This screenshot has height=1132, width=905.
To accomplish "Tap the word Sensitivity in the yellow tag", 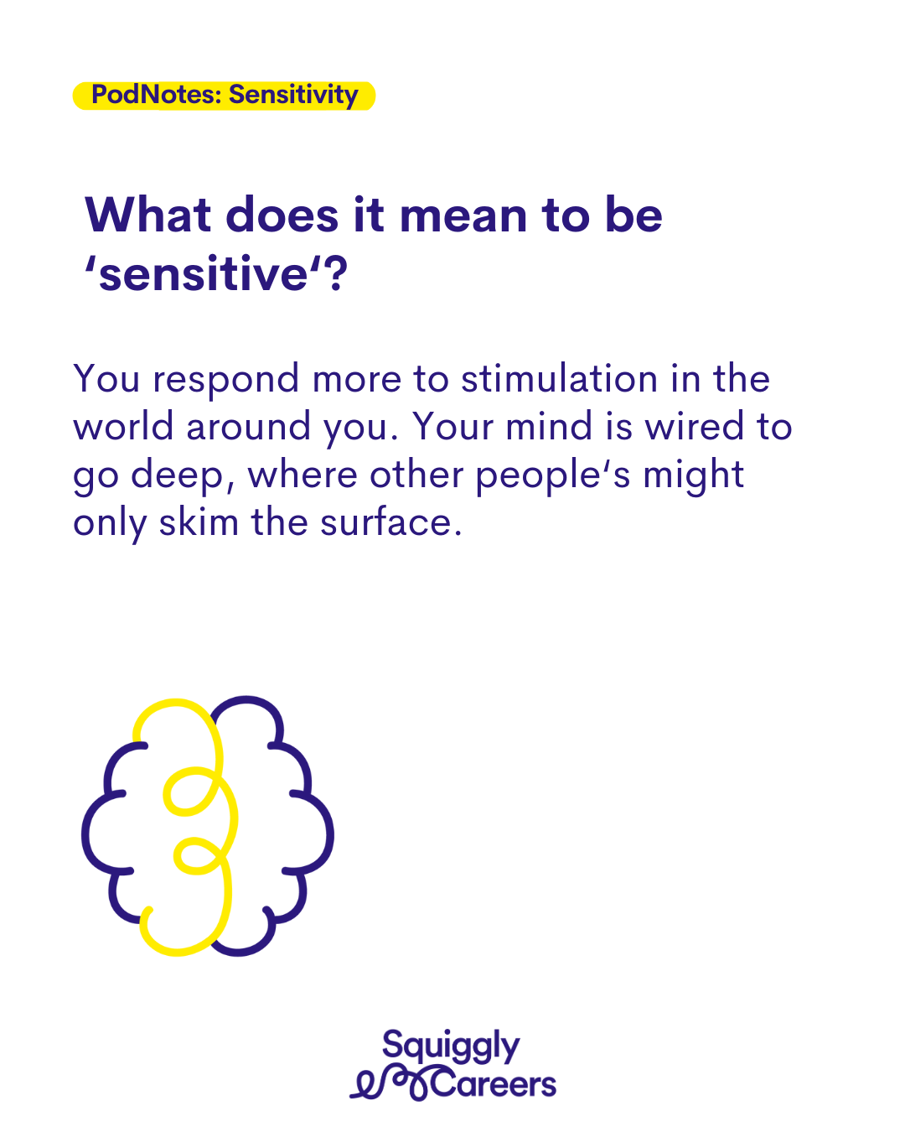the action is (293, 96).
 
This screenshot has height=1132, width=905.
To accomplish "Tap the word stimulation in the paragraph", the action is (559, 378).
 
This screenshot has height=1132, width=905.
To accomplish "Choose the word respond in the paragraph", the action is (225, 381).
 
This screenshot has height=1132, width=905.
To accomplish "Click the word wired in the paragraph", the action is (694, 426).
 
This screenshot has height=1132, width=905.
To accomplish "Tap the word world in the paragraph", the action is (123, 426).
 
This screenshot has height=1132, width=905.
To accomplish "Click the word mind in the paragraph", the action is (549, 426).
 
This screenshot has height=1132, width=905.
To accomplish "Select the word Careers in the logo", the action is (494, 1085).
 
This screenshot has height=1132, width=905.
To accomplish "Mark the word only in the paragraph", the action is (110, 524).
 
